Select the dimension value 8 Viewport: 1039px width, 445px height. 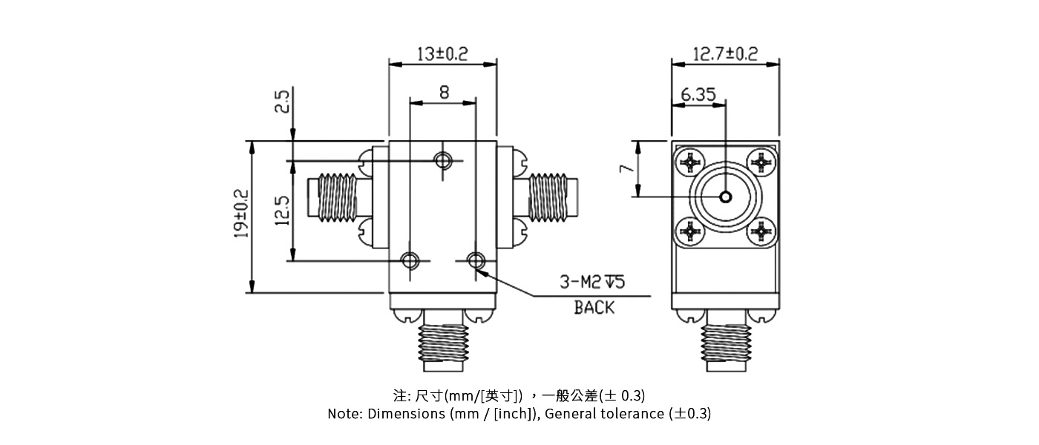click(444, 92)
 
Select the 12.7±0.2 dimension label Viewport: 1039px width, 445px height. click(725, 54)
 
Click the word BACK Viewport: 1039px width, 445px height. click(594, 307)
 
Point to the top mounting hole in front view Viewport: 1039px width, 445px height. click(444, 160)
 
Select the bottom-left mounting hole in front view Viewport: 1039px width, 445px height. click(410, 260)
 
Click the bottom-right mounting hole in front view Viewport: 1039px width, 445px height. click(476, 260)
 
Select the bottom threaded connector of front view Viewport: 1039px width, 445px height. click(443, 347)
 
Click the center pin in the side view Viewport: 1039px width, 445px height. click(725, 197)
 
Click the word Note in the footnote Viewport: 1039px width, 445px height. click(345, 414)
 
